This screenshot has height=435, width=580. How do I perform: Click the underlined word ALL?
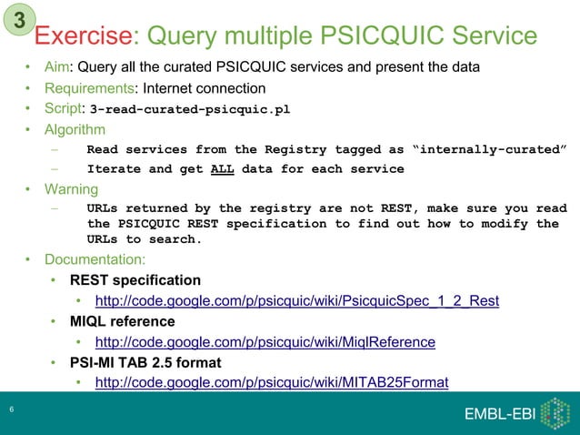coord(223,169)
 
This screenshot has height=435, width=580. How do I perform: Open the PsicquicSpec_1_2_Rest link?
coord(297,301)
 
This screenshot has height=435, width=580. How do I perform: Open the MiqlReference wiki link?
coord(265,342)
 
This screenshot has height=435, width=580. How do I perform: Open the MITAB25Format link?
coord(272,383)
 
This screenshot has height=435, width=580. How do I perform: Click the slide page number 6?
coord(11,411)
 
